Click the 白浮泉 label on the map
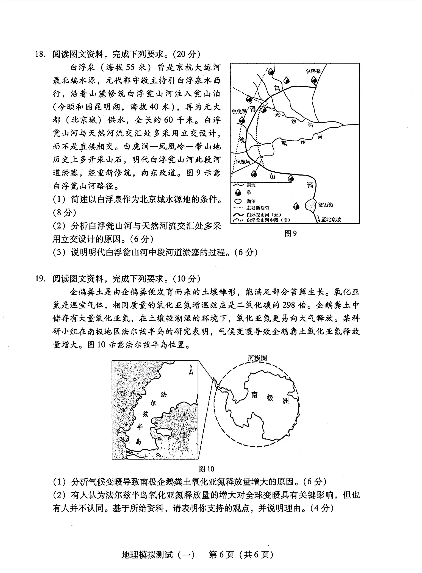click(313, 71)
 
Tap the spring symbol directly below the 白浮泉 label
click(314, 80)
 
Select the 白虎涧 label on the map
click(239, 111)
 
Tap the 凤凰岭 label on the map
click(243, 162)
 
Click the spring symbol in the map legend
click(238, 193)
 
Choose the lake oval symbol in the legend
click(238, 201)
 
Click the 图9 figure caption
click(290, 233)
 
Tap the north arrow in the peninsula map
click(191, 369)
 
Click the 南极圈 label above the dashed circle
click(257, 358)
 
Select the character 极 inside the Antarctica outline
click(270, 397)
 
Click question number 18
click(40, 54)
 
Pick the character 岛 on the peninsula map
click(138, 441)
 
